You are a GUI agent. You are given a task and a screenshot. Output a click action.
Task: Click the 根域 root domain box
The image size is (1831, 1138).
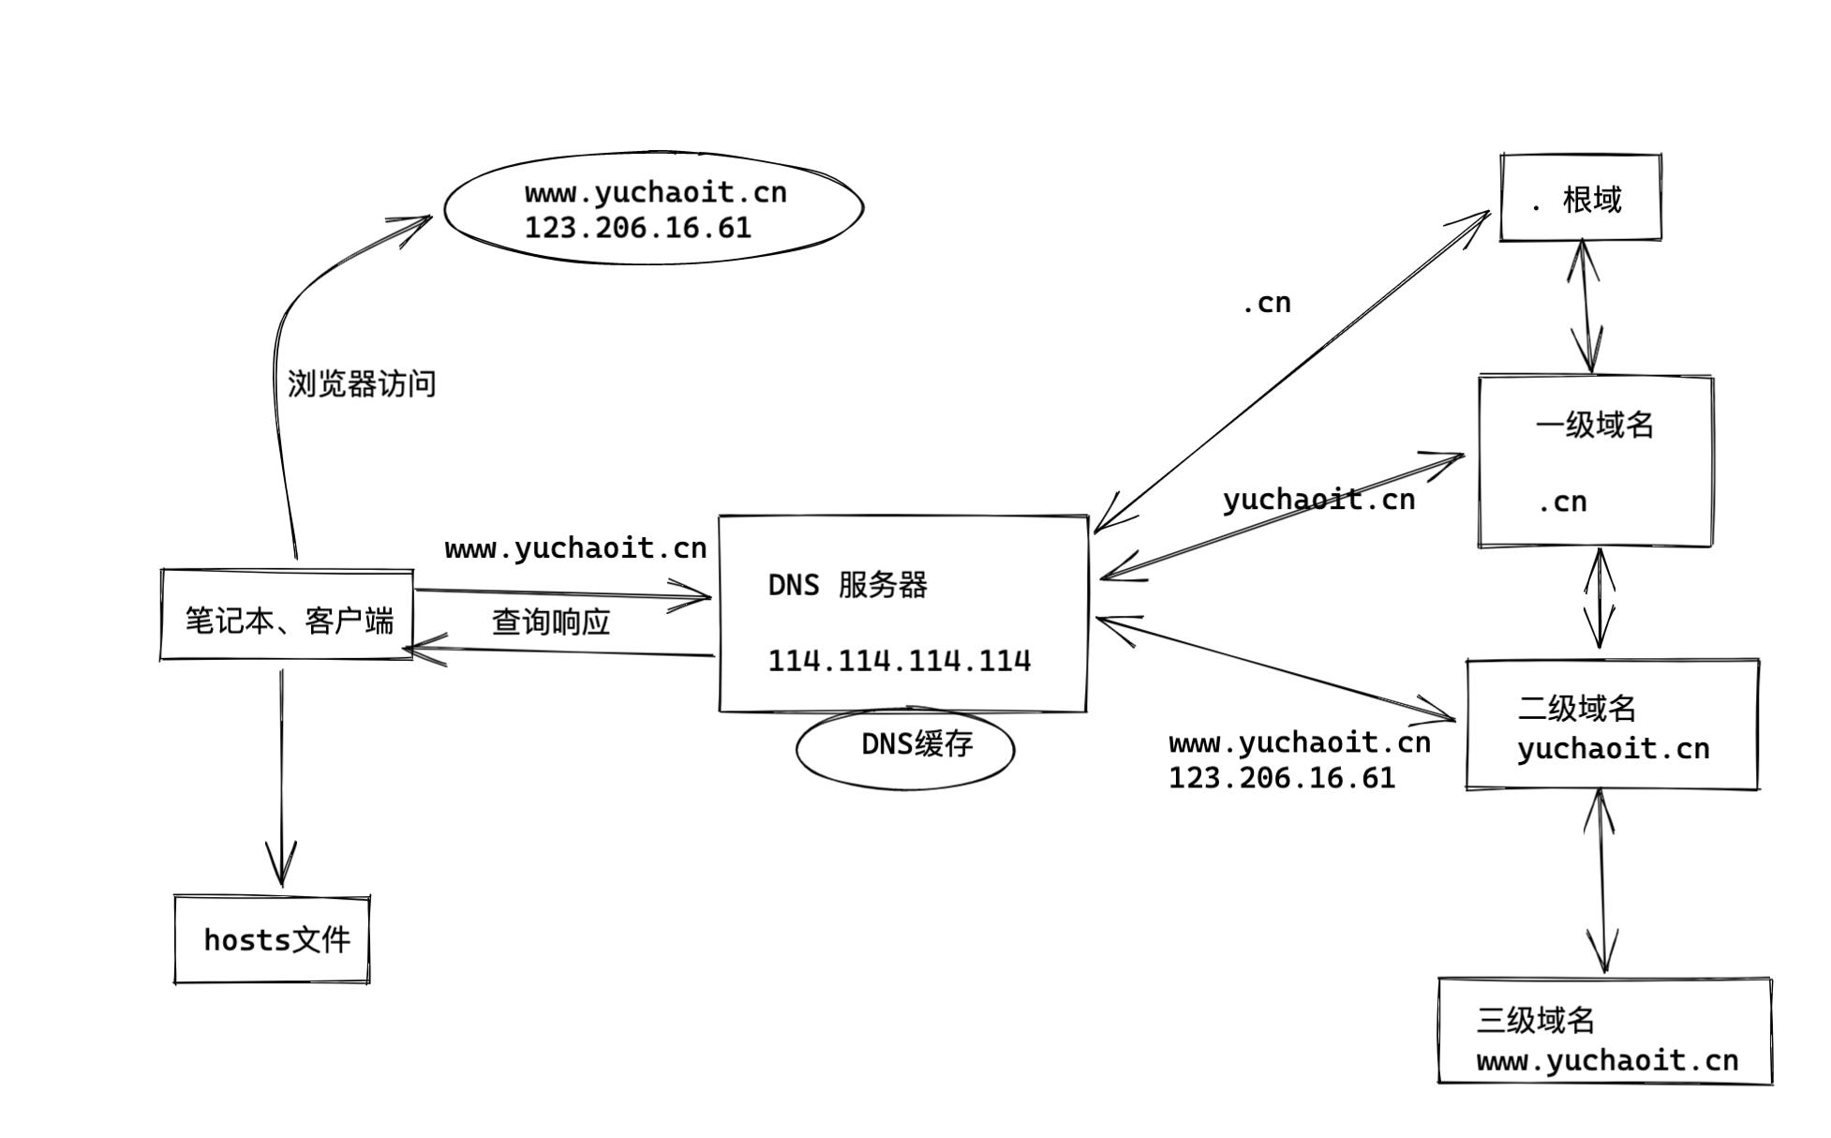coord(1580,199)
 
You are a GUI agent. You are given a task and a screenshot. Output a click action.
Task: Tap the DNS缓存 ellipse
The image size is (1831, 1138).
coord(905,746)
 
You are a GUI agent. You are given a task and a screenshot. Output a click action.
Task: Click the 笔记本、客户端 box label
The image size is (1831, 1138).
coord(288,620)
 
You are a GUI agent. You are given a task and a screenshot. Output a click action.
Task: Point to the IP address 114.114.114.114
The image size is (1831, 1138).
coord(899,661)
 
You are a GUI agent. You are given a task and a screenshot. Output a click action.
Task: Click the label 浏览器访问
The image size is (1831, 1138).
coord(361,384)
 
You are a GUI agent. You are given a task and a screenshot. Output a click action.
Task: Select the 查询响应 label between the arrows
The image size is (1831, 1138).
coord(551,621)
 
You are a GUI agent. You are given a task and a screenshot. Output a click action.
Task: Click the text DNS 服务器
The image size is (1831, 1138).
coord(847,585)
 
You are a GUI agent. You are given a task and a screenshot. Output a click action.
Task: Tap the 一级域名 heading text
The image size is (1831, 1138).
coord(1594,426)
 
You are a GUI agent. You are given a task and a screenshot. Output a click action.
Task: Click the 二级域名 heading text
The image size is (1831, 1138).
coord(1576,708)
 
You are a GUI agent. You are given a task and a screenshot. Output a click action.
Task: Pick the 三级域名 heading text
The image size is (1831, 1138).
coord(1535,1020)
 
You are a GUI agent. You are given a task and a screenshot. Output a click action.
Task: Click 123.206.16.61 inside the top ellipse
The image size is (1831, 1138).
coord(637,228)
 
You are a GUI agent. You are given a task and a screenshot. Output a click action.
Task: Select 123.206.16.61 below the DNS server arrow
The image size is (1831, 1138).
coord(1281,778)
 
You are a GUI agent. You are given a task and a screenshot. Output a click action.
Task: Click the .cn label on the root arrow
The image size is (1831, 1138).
coord(1266,303)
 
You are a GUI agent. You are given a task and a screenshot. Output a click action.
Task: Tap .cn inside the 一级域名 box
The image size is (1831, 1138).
coord(1562,502)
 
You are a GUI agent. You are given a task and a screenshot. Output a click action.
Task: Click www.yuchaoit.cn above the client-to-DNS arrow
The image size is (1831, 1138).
coord(575,548)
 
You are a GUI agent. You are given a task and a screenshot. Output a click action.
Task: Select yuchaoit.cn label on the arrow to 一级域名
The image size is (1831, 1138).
coord(1318,500)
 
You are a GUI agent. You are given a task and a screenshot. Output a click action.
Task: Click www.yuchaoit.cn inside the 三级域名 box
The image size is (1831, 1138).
coord(1606,1061)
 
